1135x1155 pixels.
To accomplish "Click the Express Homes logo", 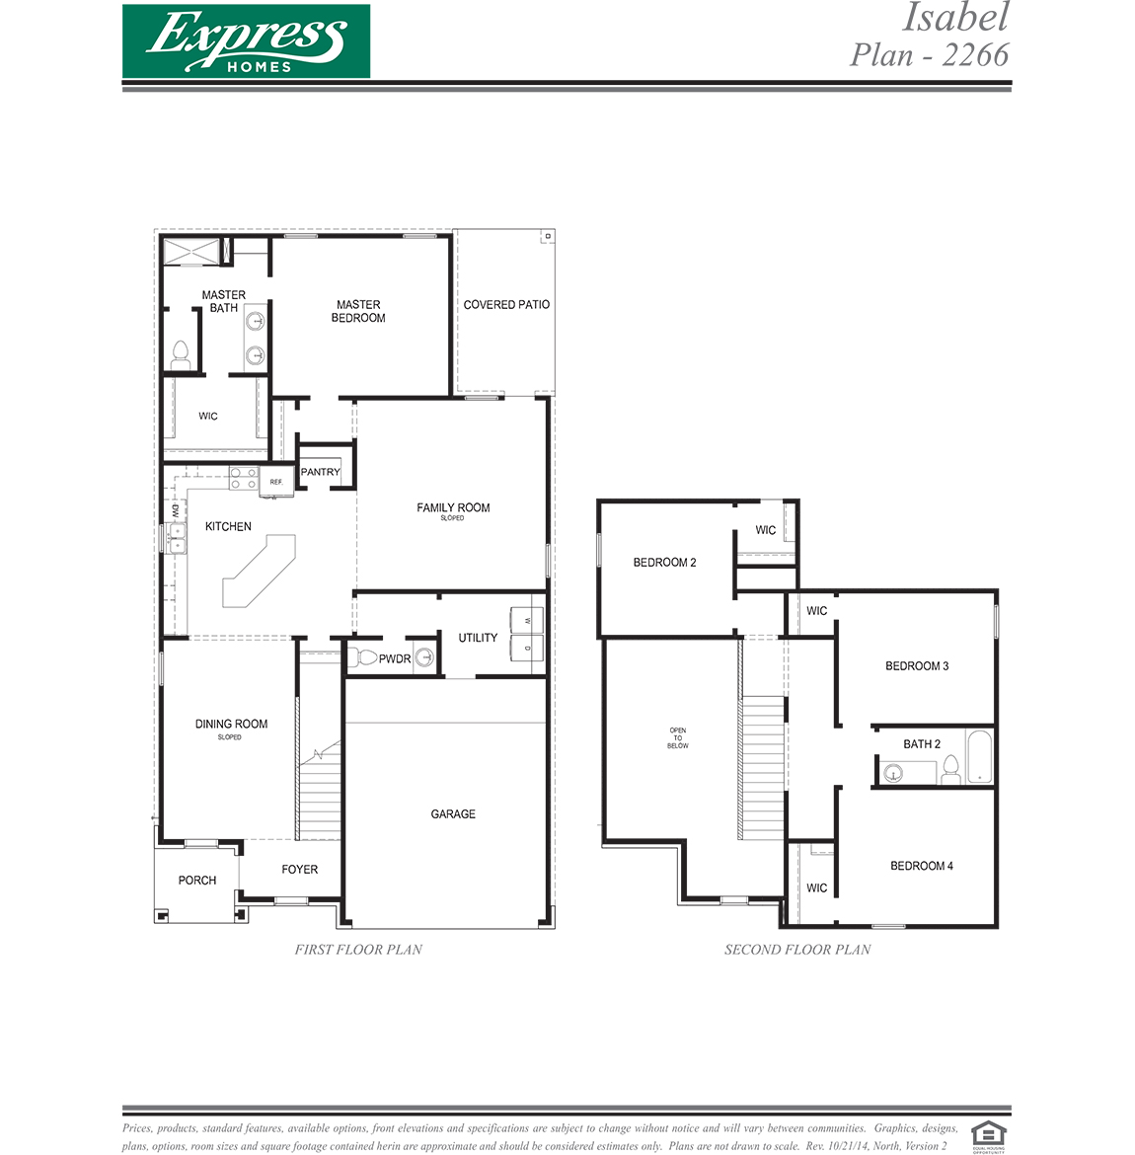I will point(246,41).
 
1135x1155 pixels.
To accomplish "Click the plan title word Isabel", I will point(955,18).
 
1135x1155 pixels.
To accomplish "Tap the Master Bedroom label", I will point(358,311).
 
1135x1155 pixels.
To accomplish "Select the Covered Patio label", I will point(506,305).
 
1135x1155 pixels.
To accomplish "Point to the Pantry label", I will point(320,472).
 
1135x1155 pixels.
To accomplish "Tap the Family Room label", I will point(453,508).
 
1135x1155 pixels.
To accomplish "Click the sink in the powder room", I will point(424,657).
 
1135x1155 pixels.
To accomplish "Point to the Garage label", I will point(453,814).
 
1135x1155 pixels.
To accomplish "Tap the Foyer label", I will point(299,870).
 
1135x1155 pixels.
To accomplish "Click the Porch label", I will point(196,881).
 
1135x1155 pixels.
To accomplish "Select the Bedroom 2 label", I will point(664,563).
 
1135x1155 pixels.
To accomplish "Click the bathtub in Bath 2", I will point(980,757).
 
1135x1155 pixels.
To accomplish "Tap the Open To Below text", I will point(678,738).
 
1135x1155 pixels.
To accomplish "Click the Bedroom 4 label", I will point(921,867).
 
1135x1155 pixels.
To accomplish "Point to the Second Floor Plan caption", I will point(797,950).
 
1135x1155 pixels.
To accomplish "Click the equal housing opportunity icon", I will point(988,1135).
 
